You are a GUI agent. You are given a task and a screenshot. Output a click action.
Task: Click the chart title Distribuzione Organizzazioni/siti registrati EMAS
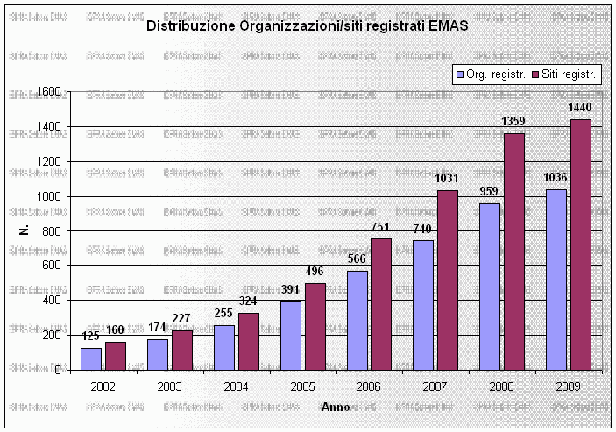pos(307,26)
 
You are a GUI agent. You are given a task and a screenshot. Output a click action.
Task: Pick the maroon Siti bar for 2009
pos(581,244)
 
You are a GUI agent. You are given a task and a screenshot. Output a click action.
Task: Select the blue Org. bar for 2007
pos(423,305)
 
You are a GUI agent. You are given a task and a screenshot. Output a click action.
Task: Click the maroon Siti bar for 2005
pos(315,326)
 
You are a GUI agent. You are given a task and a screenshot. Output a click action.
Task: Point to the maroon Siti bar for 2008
pos(514,251)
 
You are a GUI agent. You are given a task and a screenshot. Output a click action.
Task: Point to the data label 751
pos(380,228)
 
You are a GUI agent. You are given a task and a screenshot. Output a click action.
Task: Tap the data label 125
pos(91,336)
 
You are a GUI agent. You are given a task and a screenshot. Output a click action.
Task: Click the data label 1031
pos(446,179)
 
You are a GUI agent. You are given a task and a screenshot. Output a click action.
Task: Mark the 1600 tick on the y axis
pos(49,92)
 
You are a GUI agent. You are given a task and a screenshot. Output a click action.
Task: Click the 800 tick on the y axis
pos(53,230)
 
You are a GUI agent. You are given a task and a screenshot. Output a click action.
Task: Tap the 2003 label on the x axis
pos(170,386)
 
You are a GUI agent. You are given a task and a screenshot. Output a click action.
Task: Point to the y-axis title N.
pos(24,230)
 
